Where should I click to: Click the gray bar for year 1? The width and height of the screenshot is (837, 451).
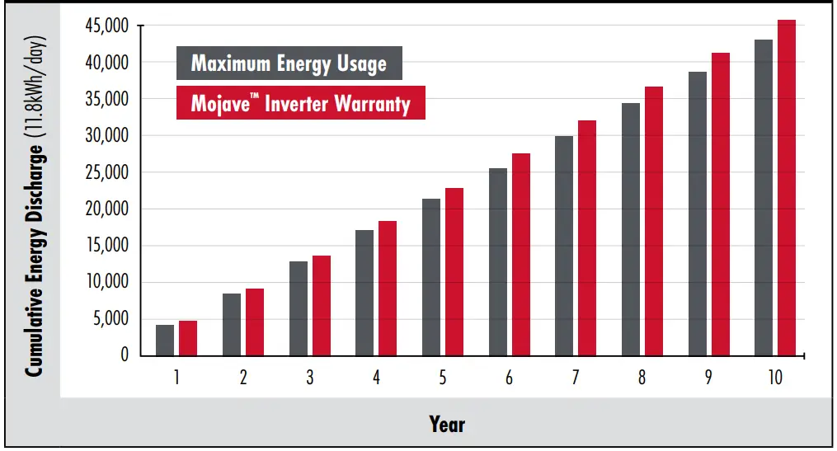165,340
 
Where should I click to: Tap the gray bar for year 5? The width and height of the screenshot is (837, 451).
430,277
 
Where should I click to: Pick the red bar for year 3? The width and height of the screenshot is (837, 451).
321,306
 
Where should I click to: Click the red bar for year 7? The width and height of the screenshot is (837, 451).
587,238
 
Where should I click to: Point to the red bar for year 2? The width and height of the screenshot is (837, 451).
255,322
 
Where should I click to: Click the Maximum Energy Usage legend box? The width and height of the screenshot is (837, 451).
289,63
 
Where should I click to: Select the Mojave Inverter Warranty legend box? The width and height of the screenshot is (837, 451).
300,103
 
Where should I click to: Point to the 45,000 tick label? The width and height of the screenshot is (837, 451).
107,26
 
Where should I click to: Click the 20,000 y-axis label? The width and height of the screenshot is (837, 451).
107,209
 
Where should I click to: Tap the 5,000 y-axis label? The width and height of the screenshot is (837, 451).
111,319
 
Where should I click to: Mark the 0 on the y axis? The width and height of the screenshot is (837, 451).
125,355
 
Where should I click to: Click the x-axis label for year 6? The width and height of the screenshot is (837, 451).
508,378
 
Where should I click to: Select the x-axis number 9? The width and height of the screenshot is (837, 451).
708,378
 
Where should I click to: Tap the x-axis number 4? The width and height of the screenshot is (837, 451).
376,378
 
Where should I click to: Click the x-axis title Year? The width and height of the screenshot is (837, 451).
447,425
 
